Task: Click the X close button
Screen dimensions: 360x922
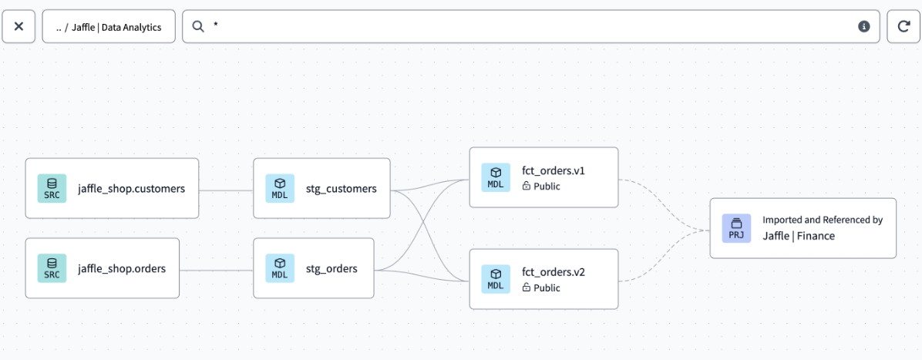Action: point(19,26)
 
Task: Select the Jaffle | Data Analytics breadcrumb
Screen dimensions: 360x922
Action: point(109,27)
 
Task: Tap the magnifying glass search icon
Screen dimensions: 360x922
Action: point(198,26)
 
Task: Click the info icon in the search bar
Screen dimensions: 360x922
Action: point(864,26)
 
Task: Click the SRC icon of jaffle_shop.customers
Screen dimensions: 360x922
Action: point(52,189)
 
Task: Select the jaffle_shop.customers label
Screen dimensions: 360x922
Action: point(131,189)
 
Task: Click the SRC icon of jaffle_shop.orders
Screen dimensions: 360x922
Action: point(52,268)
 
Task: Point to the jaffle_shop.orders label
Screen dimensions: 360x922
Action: point(121,269)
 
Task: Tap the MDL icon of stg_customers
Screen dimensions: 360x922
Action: point(280,189)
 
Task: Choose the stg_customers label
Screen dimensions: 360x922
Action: point(341,189)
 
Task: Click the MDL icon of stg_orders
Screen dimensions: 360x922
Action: point(280,268)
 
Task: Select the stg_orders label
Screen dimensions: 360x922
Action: point(331,269)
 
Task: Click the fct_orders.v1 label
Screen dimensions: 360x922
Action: point(553,170)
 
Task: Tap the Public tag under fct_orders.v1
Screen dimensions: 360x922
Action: point(541,187)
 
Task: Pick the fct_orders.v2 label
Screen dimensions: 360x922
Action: point(553,272)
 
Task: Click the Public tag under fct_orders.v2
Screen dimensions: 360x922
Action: point(541,288)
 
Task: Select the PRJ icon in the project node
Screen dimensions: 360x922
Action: point(736,228)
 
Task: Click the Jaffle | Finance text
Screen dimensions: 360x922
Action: point(799,236)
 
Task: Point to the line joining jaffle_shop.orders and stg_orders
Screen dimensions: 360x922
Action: point(216,270)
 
